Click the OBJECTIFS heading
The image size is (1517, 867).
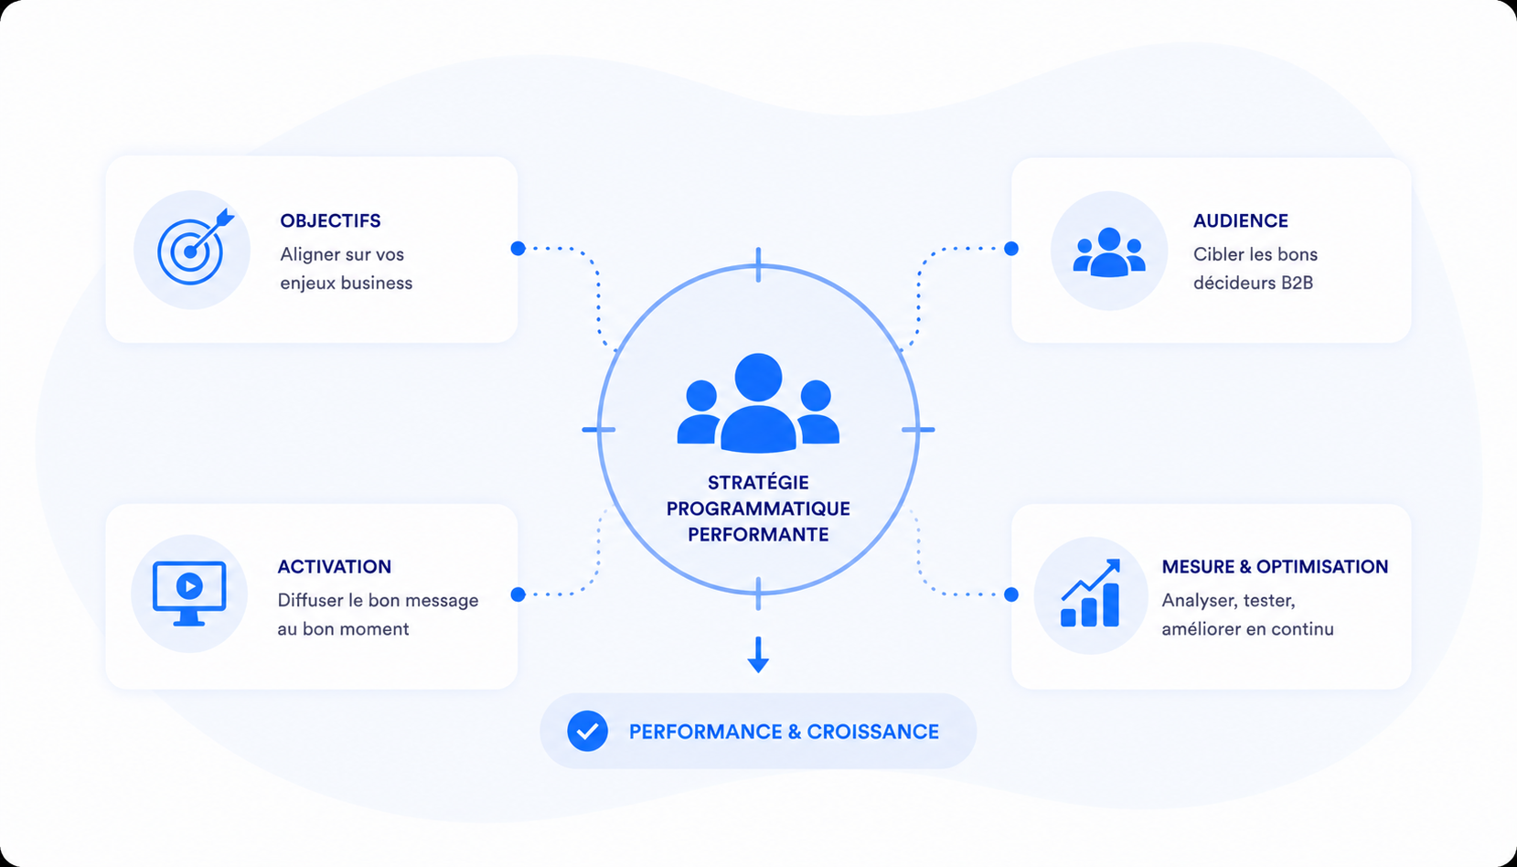tap(330, 220)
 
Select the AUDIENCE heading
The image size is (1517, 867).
tap(1241, 220)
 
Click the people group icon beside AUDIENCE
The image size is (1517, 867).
tap(1109, 252)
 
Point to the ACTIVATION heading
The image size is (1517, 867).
tap(335, 566)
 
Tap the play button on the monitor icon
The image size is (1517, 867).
tap(189, 585)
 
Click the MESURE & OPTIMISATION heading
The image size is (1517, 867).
tap(1276, 566)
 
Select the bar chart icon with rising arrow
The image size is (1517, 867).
tap(1090, 594)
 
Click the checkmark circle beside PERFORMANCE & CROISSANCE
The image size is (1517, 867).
tap(587, 731)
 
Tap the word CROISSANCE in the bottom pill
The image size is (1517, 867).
tap(873, 732)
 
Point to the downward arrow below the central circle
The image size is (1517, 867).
tap(758, 654)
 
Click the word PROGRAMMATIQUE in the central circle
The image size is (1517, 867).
tap(759, 508)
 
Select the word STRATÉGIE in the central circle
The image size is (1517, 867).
tap(759, 482)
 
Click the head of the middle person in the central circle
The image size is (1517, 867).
tap(759, 378)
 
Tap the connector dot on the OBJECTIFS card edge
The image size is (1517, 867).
tap(518, 249)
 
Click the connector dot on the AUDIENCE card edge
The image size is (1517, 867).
tap(1011, 249)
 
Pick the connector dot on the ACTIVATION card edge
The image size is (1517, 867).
tap(518, 594)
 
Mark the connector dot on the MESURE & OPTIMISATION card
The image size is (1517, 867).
tap(1011, 594)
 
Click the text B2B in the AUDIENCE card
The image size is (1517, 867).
tap(1297, 283)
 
